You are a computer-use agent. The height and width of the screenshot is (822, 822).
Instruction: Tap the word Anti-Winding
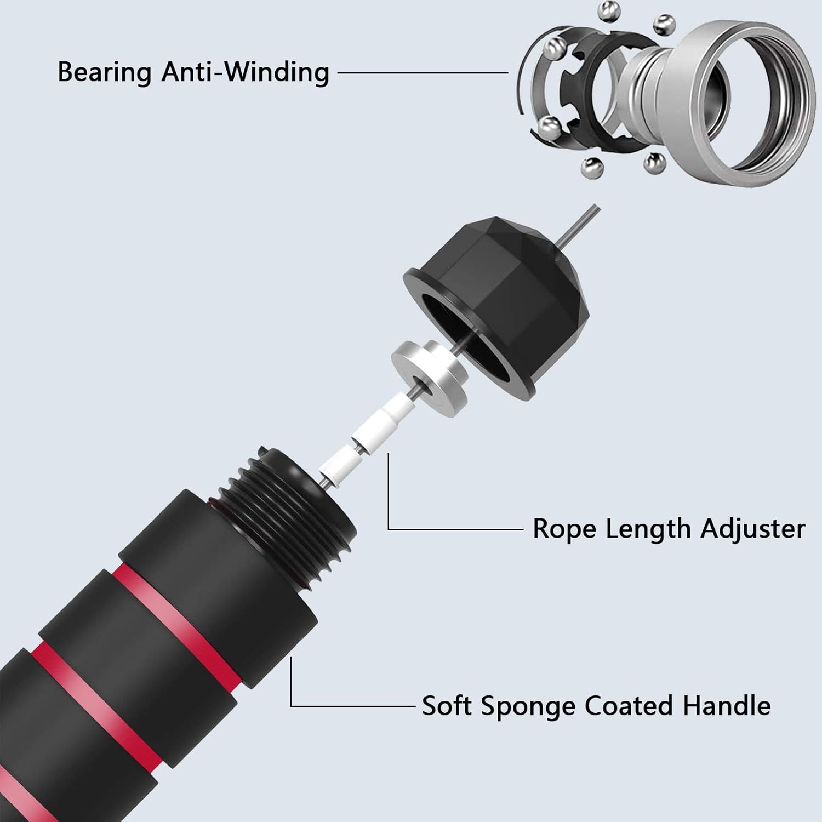(x=246, y=72)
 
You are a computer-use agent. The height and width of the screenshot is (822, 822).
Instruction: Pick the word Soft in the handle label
(x=447, y=705)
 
